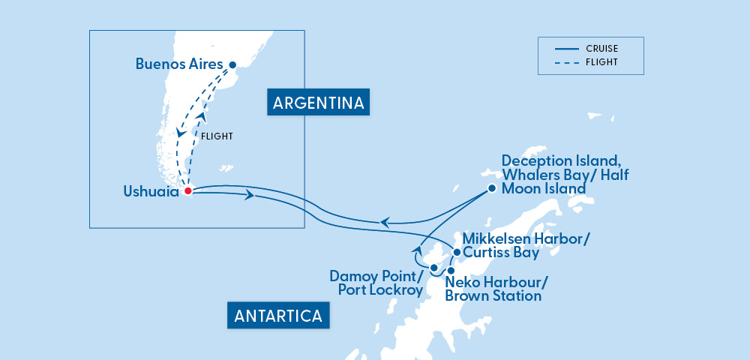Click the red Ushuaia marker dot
click(187, 190)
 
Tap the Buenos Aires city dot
click(232, 65)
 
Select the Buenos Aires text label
click(179, 64)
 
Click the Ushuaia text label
click(151, 192)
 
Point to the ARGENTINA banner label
click(319, 103)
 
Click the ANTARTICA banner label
click(278, 316)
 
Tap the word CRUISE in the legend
click(603, 49)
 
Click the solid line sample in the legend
click(567, 49)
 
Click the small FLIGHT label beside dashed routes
click(217, 136)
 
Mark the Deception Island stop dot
click(491, 188)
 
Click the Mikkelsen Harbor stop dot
click(457, 252)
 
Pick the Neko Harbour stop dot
click(451, 270)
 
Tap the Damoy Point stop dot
click(433, 267)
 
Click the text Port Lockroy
click(380, 290)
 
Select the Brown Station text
click(493, 295)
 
